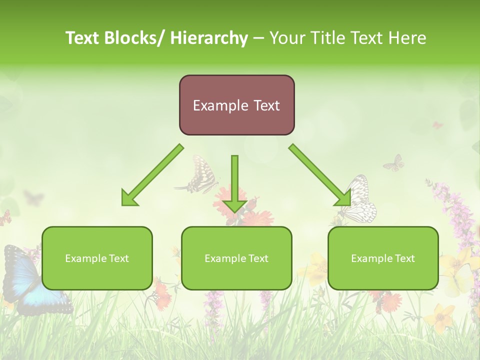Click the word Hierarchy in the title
(x=209, y=38)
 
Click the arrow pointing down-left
(x=151, y=175)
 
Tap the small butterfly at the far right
(x=394, y=162)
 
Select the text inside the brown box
(x=236, y=105)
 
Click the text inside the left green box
(x=97, y=258)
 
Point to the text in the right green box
(x=383, y=258)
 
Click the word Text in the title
(x=83, y=38)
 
